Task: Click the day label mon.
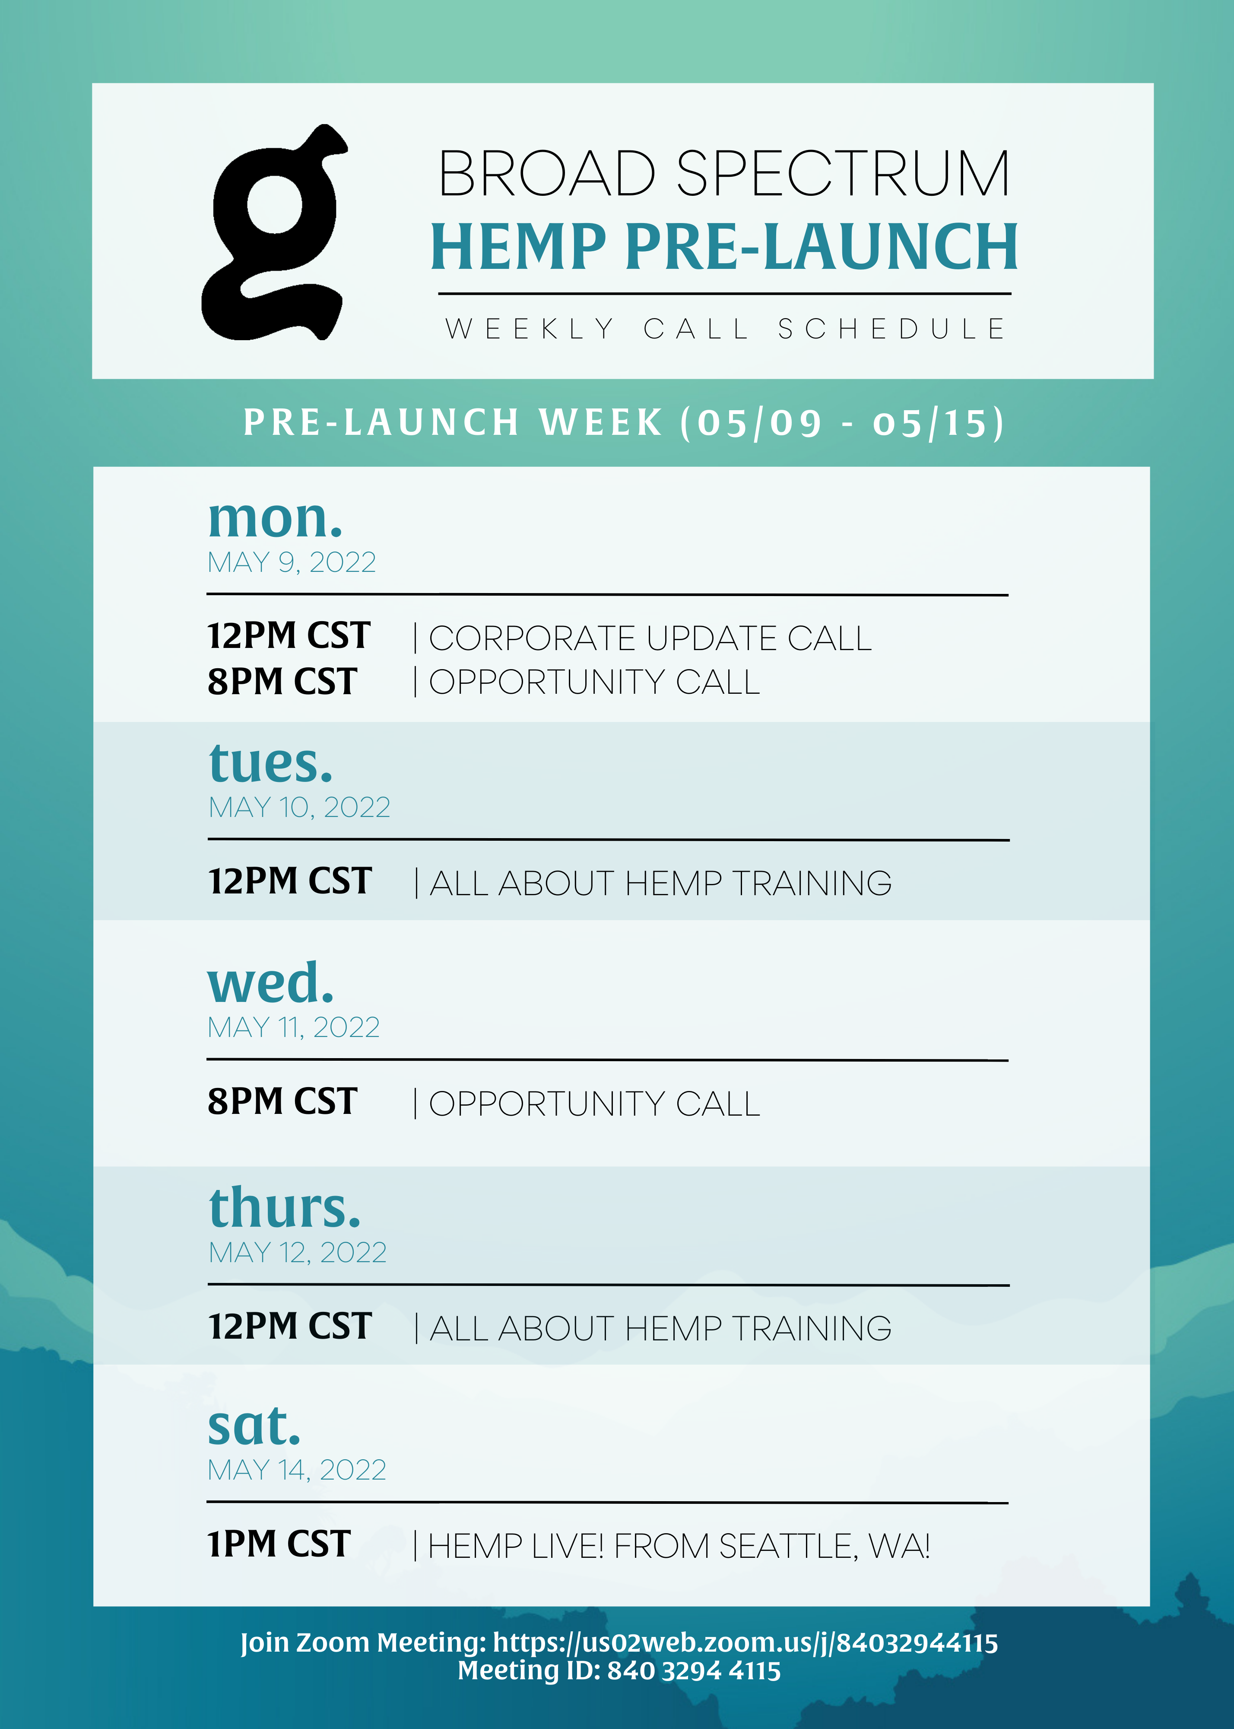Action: (x=275, y=519)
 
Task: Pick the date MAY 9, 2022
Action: (x=292, y=563)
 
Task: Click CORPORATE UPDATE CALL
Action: (x=650, y=639)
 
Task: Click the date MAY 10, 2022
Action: (x=299, y=807)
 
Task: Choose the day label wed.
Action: (x=270, y=983)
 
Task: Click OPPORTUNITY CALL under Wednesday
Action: (x=594, y=1104)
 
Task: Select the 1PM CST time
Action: (x=279, y=1544)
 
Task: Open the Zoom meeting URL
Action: (x=745, y=1643)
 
